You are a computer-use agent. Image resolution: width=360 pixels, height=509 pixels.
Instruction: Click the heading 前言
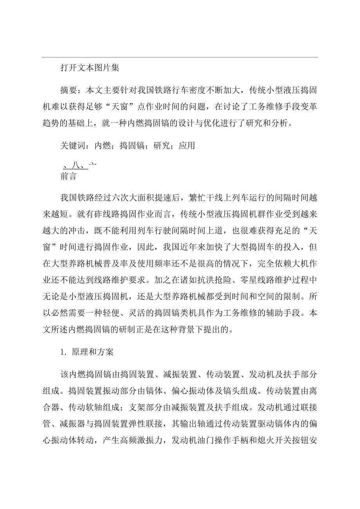[x=69, y=176]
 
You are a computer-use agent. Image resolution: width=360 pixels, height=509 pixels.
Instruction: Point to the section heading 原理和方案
[x=92, y=351]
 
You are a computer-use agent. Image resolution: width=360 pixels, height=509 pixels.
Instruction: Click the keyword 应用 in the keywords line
[x=187, y=146]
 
